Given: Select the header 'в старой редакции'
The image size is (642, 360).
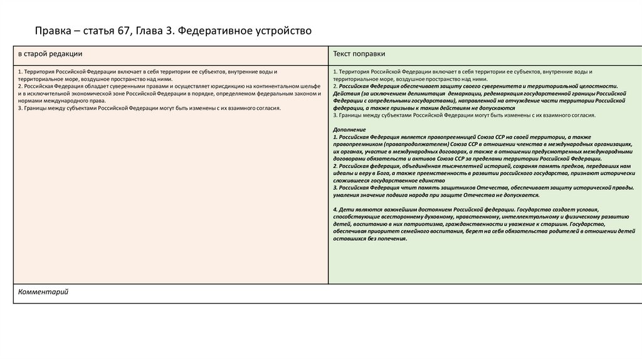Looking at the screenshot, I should click(50, 55).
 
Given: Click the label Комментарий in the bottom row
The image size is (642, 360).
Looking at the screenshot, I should click(43, 292).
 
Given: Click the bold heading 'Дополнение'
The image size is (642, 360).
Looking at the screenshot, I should click(350, 129).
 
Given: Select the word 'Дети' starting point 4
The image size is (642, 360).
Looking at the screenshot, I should click(346, 209).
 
